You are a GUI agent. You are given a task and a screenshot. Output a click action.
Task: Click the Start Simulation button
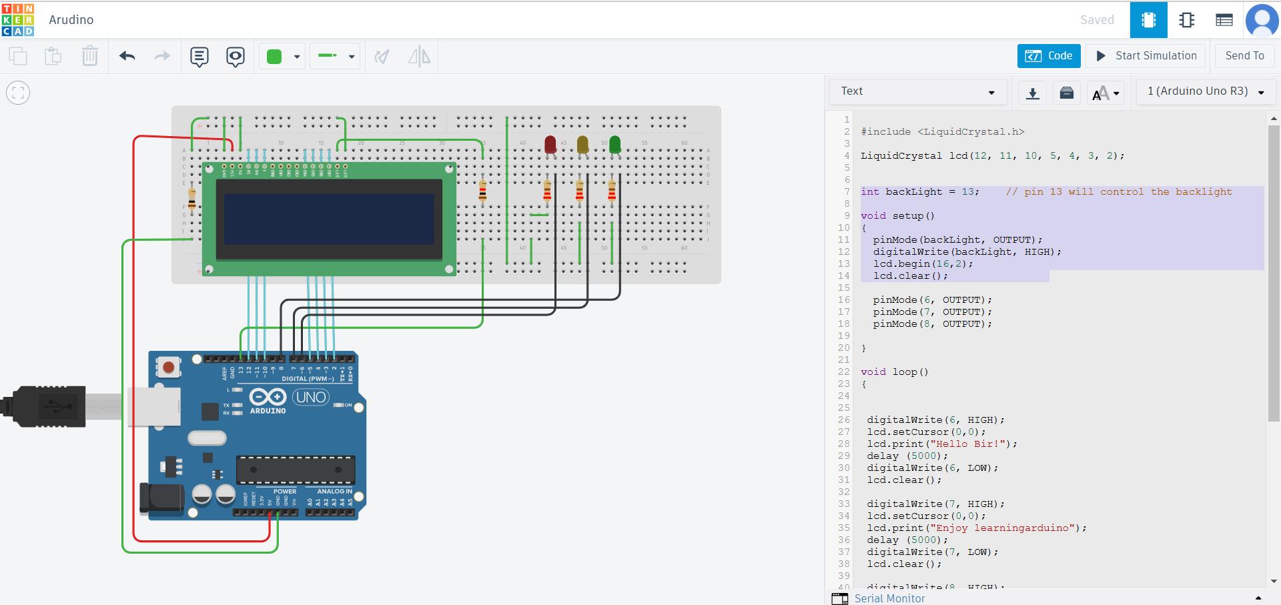(1146, 56)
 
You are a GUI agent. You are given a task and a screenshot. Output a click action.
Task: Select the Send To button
(1244, 56)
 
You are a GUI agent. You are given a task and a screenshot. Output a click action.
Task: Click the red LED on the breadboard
(550, 144)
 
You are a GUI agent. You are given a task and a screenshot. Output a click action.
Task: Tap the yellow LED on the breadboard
(582, 144)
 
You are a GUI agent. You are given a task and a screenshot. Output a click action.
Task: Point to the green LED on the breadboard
(614, 144)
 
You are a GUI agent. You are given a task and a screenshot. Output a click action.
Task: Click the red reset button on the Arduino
(169, 367)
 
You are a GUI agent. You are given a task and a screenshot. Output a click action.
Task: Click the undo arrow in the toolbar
(127, 57)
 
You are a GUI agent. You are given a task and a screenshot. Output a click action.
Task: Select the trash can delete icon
(89, 57)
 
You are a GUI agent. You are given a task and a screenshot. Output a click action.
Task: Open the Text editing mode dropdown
(917, 91)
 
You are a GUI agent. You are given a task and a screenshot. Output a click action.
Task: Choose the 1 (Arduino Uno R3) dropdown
(1206, 91)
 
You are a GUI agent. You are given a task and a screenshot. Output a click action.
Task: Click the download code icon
(1032, 93)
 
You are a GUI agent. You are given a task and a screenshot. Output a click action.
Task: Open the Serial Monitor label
(889, 598)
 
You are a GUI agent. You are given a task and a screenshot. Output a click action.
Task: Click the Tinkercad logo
(18, 19)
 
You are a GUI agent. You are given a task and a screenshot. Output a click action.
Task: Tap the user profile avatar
(1262, 20)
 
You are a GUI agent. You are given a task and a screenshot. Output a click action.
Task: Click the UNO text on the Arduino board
(311, 398)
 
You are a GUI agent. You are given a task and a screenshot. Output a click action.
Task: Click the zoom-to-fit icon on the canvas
(18, 93)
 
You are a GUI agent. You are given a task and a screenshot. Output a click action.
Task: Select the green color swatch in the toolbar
(274, 57)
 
